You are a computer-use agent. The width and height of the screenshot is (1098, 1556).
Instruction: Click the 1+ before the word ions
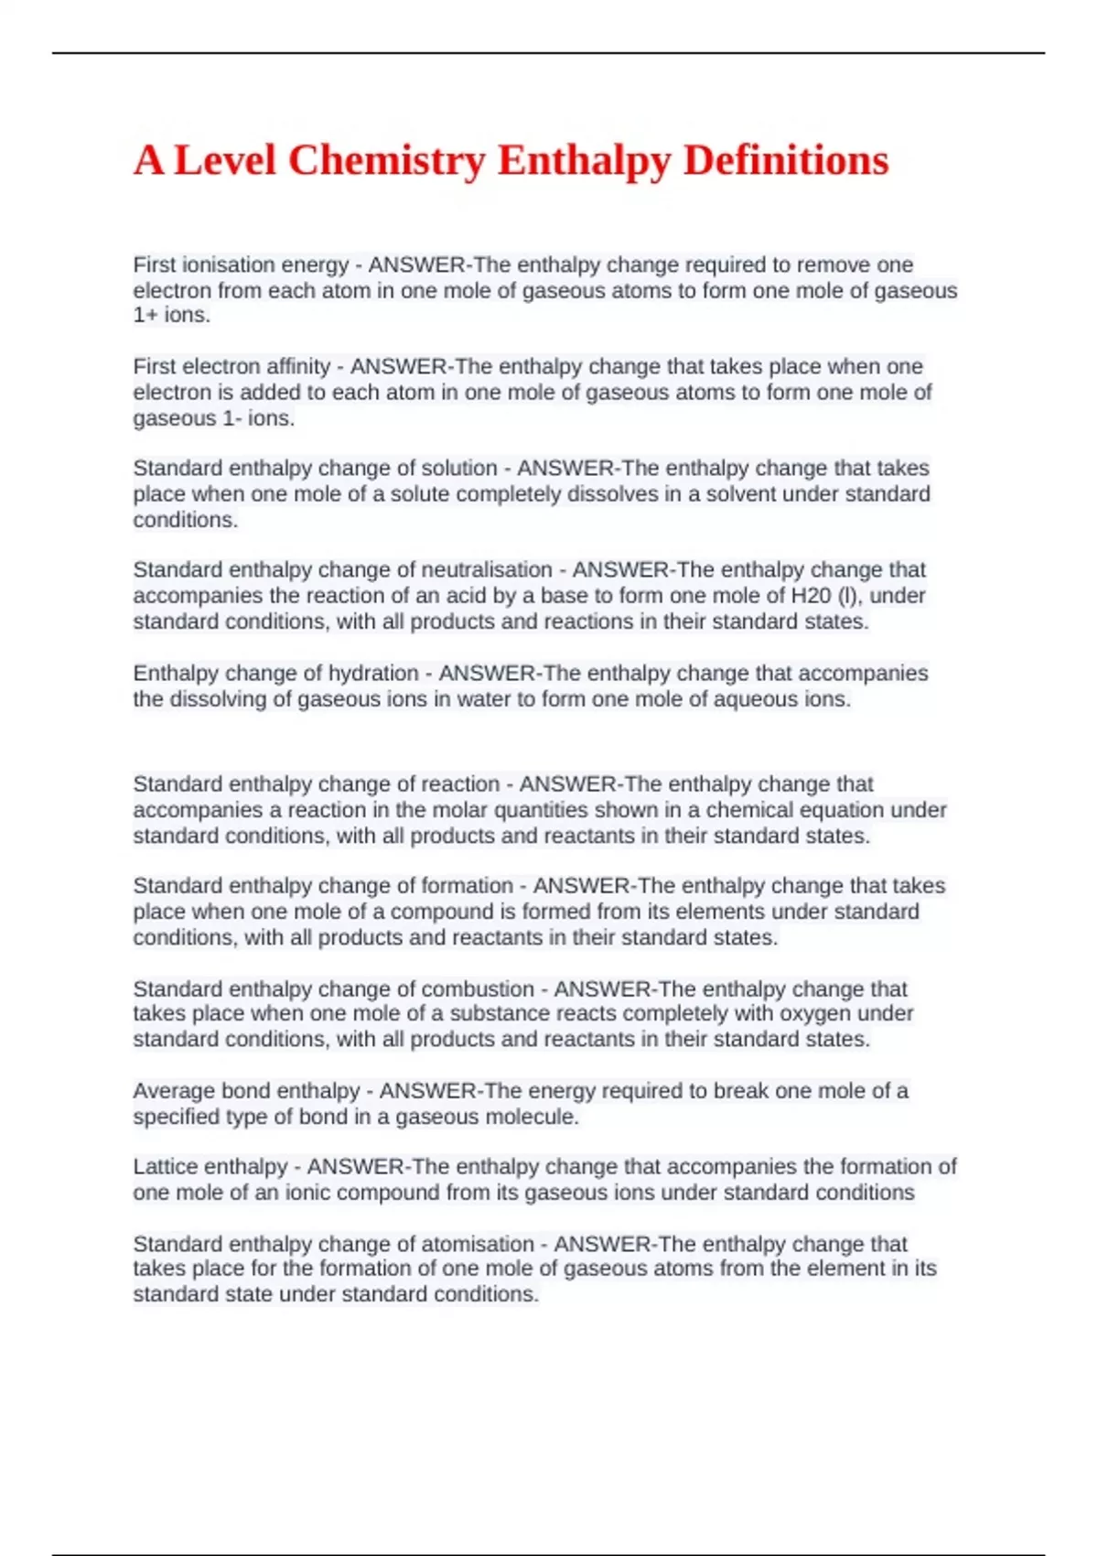click(x=145, y=316)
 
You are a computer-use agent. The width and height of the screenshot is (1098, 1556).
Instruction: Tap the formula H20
click(x=811, y=596)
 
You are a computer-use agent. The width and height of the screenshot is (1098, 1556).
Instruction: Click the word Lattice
click(x=165, y=1167)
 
